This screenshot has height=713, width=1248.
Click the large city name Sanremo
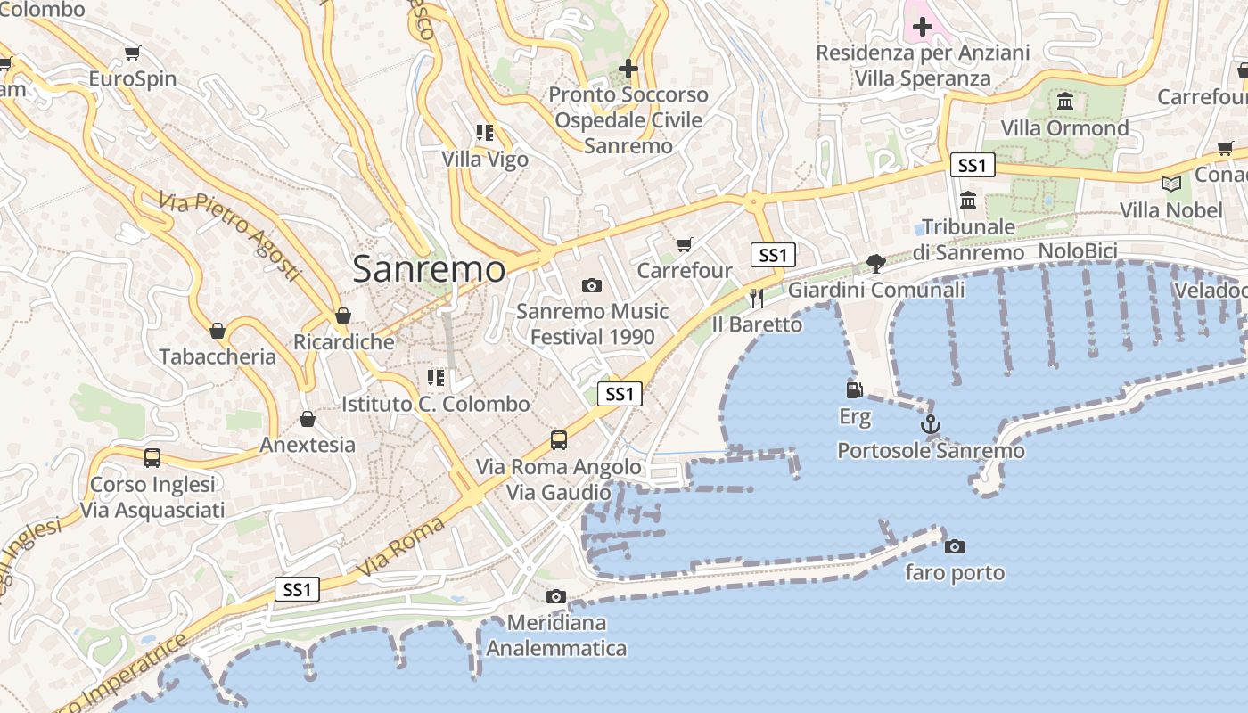point(429,268)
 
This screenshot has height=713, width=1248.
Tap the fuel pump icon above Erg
point(854,390)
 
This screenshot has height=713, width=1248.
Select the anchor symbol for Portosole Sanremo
point(931,424)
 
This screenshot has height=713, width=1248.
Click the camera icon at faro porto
point(955,546)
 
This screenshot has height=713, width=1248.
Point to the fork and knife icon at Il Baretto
point(757,298)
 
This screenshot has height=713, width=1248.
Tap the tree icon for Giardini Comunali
point(876,263)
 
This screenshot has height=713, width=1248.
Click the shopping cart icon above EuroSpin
point(133,53)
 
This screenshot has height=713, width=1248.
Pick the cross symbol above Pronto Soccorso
point(628,68)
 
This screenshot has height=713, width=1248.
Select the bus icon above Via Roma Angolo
point(559,439)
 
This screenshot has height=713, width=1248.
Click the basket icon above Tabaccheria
point(218,331)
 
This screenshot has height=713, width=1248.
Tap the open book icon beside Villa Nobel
point(1171,184)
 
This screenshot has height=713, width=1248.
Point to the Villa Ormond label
point(1064,128)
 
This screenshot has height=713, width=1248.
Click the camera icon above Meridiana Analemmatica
point(556,596)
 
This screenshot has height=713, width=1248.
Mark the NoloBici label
point(1078,251)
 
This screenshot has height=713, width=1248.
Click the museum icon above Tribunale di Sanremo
point(968,200)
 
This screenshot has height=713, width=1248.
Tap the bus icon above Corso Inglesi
point(152,458)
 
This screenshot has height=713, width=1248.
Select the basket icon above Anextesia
point(308,418)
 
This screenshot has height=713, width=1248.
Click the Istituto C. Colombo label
point(436,404)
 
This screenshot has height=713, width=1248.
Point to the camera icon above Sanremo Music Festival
point(591,285)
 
